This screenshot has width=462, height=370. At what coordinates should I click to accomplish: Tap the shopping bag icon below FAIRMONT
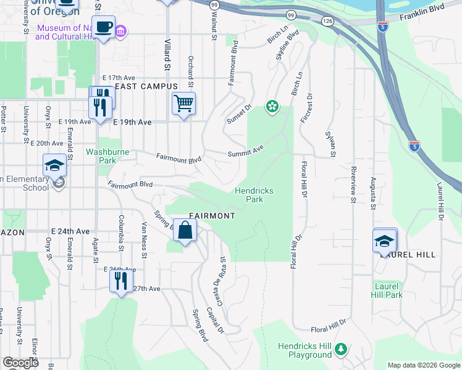point(185,231)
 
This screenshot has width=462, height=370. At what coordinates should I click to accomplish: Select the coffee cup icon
point(103,28)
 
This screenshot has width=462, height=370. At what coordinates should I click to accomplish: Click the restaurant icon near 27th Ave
point(120,281)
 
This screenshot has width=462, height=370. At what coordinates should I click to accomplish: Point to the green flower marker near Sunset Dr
point(271,107)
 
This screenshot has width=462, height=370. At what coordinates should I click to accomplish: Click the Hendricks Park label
point(254,195)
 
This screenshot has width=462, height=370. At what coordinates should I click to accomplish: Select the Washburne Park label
point(101,155)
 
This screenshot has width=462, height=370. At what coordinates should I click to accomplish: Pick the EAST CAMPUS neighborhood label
point(146,86)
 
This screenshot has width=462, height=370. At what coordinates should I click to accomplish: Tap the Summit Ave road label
point(245,150)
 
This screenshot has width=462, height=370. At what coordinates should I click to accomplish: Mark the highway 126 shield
point(327,21)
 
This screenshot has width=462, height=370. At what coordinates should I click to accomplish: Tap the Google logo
point(20,363)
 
